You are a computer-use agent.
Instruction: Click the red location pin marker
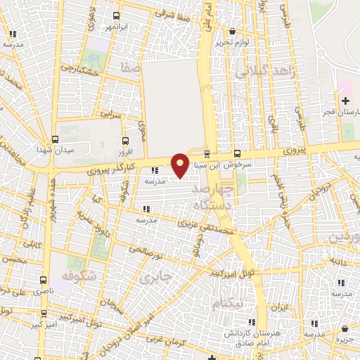coord(180,165)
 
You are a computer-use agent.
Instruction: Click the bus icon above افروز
coord(125,141)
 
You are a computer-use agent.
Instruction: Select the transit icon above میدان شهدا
coord(55,139)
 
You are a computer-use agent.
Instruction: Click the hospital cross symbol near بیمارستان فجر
coord(345,101)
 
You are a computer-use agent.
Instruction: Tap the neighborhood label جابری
coord(156,278)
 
